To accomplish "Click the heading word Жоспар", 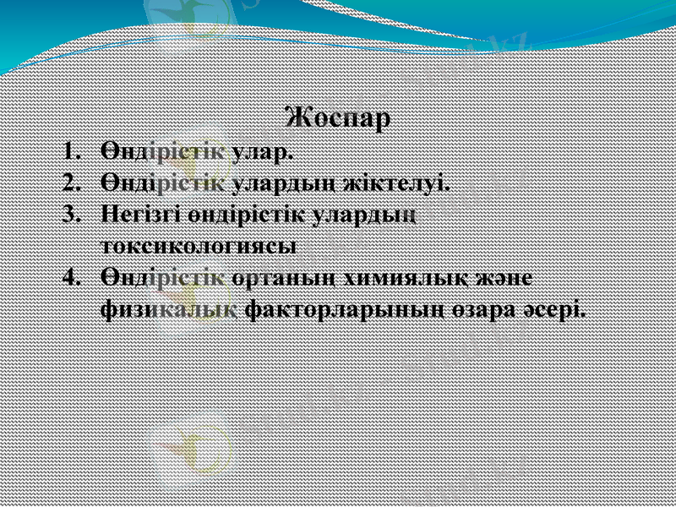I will (x=338, y=118).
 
